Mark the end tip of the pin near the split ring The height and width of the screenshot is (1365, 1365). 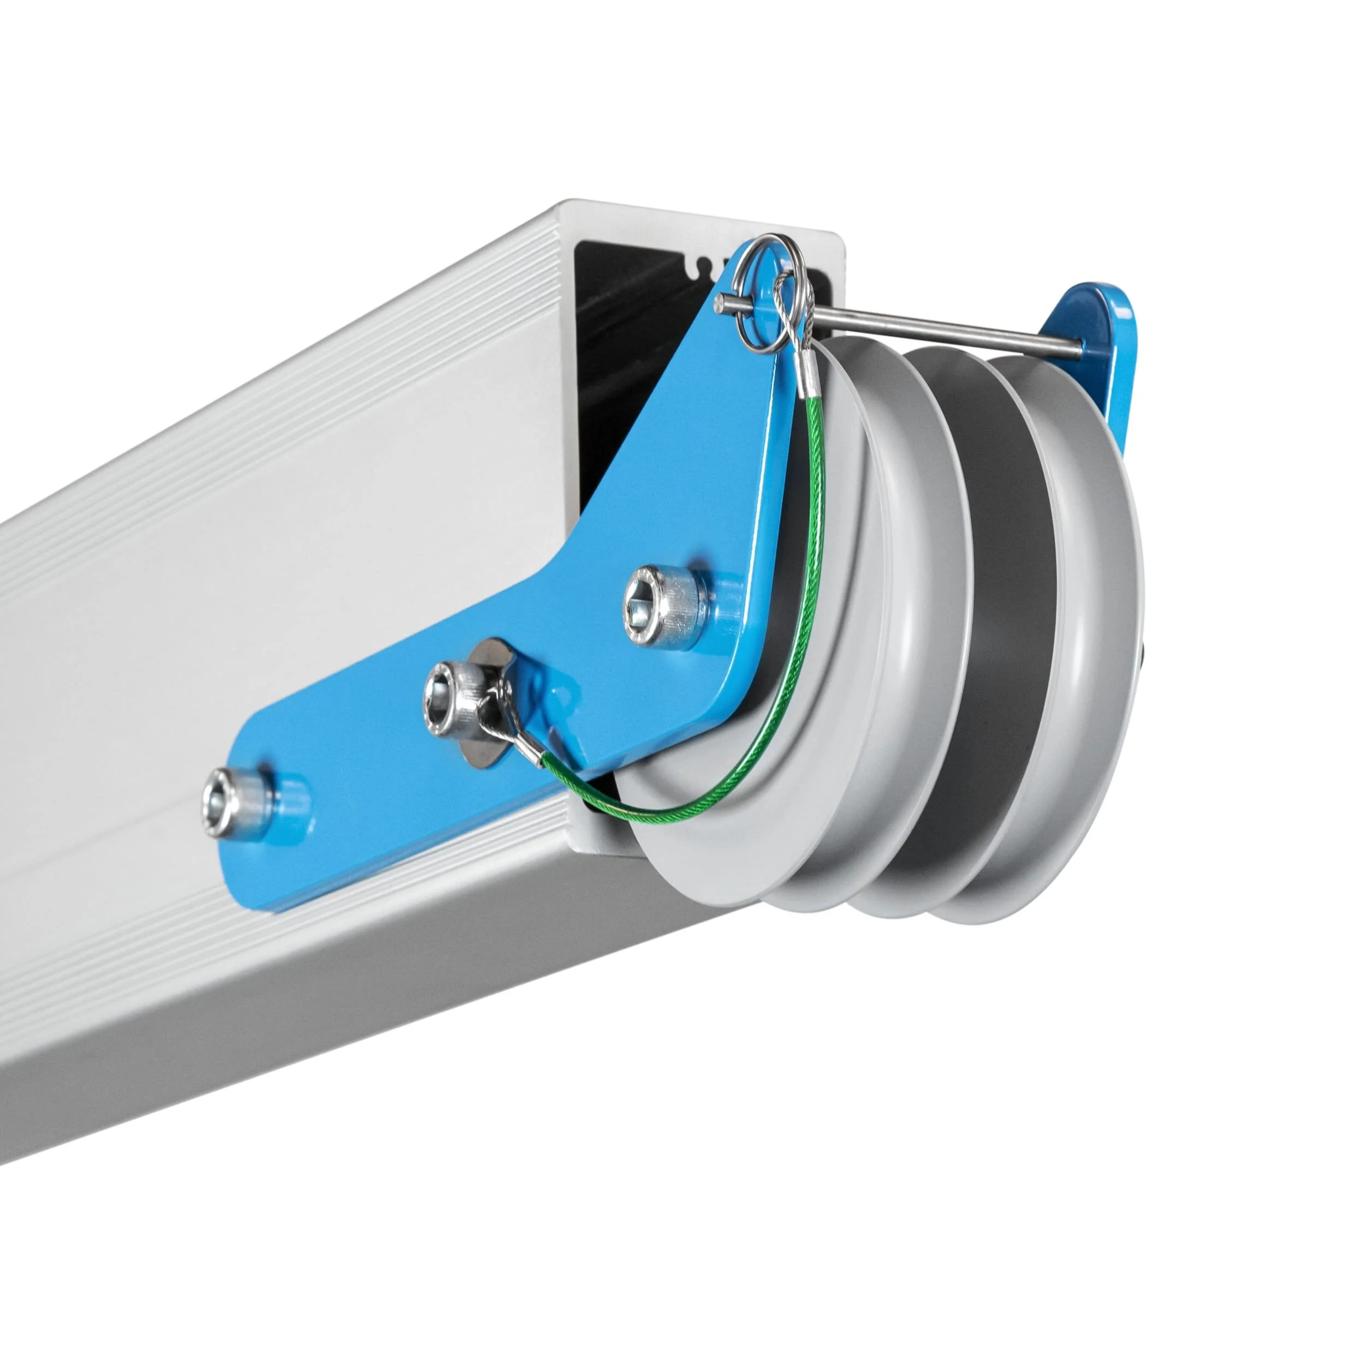click(x=719, y=305)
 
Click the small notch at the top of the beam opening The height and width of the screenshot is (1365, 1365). click(x=702, y=266)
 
